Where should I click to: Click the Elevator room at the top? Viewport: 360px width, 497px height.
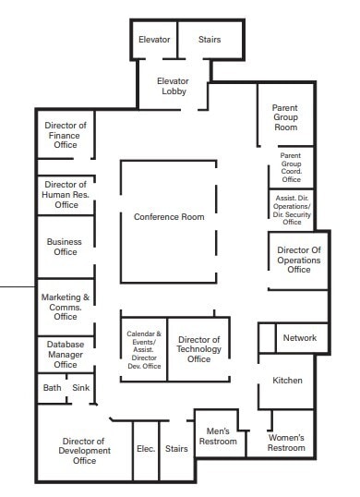(154, 40)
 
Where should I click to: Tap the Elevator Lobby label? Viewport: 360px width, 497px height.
(173, 86)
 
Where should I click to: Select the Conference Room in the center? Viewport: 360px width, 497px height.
(169, 217)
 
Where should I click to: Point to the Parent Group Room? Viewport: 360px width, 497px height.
(285, 117)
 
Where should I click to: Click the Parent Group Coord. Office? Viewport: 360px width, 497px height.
(291, 167)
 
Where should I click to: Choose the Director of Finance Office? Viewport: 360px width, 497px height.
(66, 135)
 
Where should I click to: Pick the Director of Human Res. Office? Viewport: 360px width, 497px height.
(66, 194)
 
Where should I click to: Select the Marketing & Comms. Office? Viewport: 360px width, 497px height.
(66, 307)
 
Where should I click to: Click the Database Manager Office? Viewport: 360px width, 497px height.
(66, 353)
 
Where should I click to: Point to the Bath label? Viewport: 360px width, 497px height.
(52, 388)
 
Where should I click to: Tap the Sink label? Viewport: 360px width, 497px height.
(80, 388)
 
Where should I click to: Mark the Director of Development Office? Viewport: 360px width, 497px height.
(84, 451)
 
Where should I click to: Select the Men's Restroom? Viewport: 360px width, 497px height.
(218, 436)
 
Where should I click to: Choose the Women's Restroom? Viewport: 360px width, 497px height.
(286, 442)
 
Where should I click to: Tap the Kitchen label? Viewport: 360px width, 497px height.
(287, 381)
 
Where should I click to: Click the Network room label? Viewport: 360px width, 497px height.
(299, 338)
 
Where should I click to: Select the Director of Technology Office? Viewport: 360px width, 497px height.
(198, 349)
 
